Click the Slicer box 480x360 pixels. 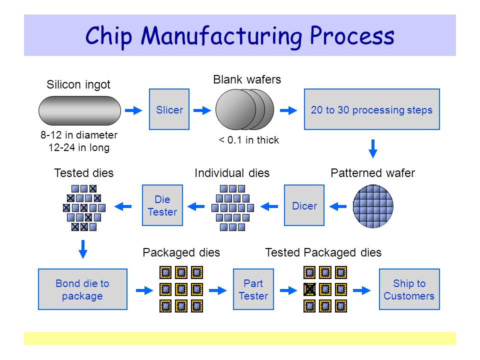pyautogui.click(x=169, y=109)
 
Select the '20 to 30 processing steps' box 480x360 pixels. pyautogui.click(x=371, y=109)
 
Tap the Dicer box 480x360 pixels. pyautogui.click(x=304, y=205)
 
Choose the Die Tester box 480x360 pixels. pyautogui.click(x=162, y=205)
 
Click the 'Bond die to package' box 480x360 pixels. pyautogui.click(x=82, y=289)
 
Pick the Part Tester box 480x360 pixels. pyautogui.click(x=253, y=289)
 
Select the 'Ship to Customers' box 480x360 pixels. pyautogui.click(x=409, y=289)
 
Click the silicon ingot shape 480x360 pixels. pyautogui.click(x=79, y=110)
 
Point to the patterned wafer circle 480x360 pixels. pyautogui.click(x=373, y=206)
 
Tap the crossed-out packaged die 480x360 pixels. pyautogui.click(x=309, y=289)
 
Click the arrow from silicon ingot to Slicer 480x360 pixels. pyautogui.click(x=133, y=110)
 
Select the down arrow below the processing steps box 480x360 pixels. pyautogui.click(x=373, y=149)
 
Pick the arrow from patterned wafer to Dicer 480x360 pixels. pyautogui.click(x=338, y=206)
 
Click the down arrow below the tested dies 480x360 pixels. pyautogui.click(x=83, y=249)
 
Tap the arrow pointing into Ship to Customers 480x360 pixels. pyautogui.click(x=362, y=290)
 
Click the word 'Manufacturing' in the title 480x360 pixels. pyautogui.click(x=221, y=36)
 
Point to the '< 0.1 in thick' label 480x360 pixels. pyautogui.click(x=248, y=140)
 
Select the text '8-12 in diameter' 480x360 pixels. pyautogui.click(x=79, y=134)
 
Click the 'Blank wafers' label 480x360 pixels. pyautogui.click(x=247, y=79)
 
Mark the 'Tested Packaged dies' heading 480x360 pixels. pyautogui.click(x=323, y=252)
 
